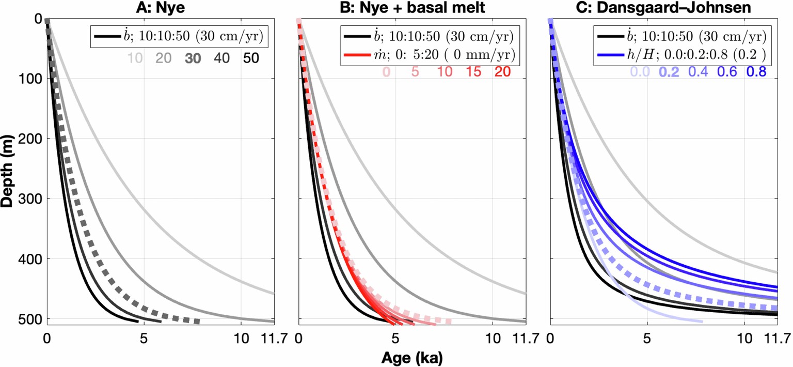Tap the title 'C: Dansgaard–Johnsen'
point(664,7)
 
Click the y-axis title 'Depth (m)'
point(7,169)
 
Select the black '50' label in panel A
point(251,58)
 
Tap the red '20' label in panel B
point(502,72)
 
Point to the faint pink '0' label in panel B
point(386,72)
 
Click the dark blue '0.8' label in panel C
point(756,72)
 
